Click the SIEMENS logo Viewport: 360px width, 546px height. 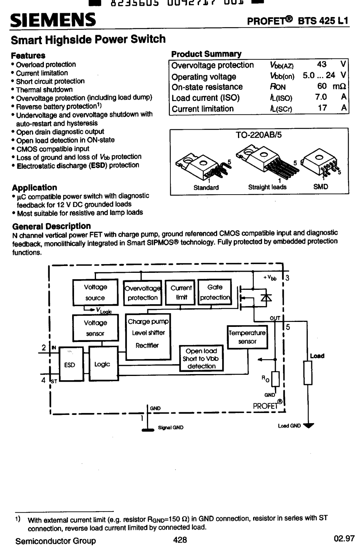[53, 19]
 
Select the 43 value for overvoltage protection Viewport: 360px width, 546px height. [322, 64]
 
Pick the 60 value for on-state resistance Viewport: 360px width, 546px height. [322, 86]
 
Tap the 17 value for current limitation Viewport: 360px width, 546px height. [322, 108]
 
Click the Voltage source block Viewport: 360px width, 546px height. [95, 292]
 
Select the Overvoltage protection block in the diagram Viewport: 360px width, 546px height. [142, 293]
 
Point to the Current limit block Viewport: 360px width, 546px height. [181, 292]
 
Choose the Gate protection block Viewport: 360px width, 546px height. [215, 292]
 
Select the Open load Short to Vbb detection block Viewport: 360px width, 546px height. [201, 359]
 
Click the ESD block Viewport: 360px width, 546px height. [70, 364]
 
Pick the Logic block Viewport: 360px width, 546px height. [102, 364]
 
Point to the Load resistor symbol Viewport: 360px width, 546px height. [308, 373]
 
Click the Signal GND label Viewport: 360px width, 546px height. [171, 427]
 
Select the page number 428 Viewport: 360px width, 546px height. [180, 540]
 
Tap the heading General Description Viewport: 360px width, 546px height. [51, 226]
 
